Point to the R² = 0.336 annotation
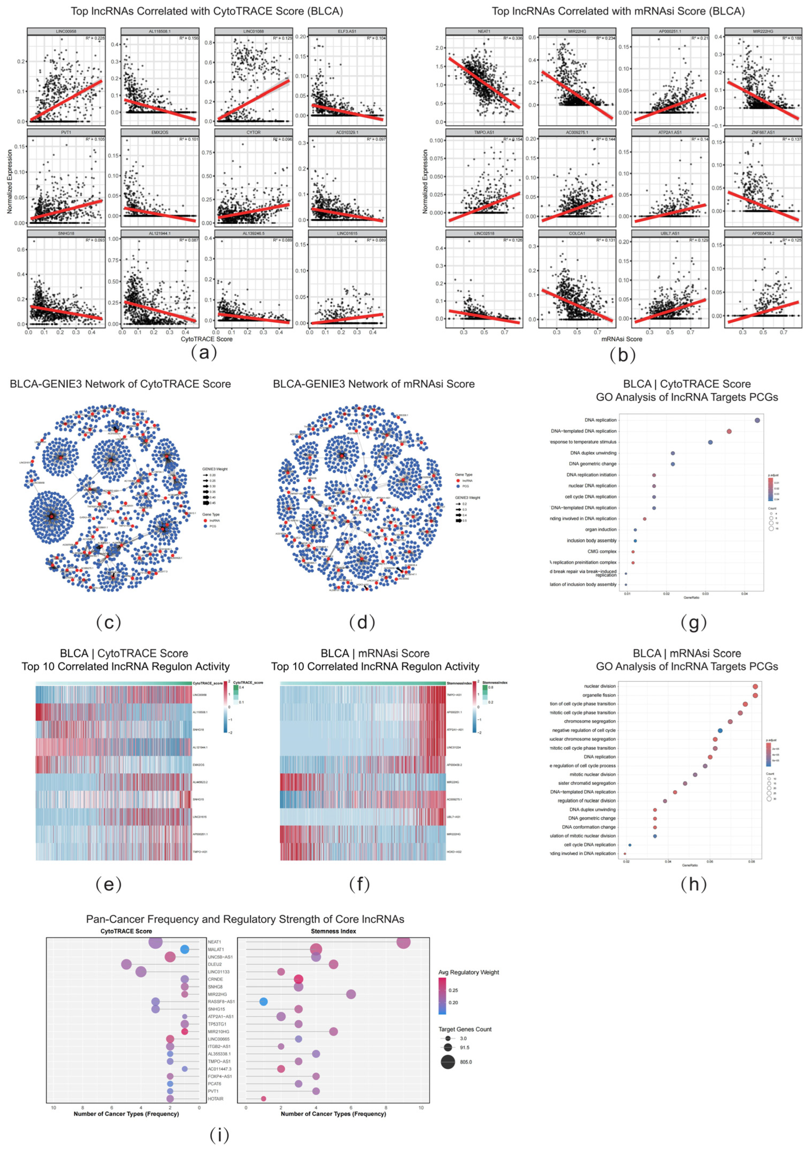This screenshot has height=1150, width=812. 512,38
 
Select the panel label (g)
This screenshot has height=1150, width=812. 693,622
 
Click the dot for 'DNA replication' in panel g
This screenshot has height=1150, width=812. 757,420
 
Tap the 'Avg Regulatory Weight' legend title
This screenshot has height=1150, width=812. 468,972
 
